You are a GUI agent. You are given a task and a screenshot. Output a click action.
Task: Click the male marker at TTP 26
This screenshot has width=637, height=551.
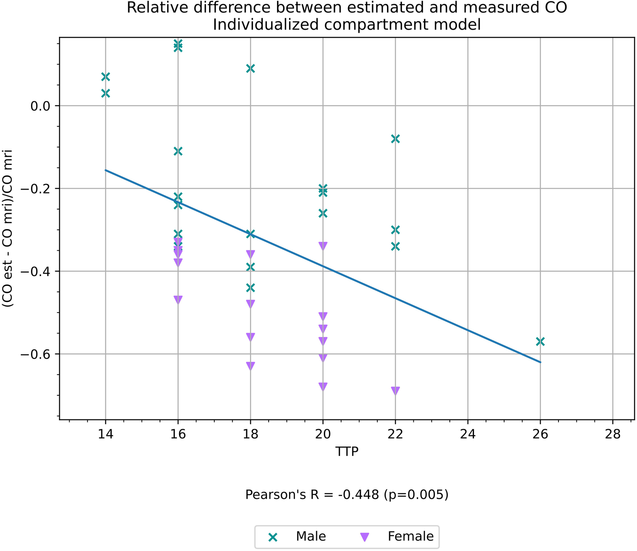(540, 341)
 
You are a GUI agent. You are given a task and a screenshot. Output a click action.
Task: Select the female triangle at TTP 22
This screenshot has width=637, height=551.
(395, 391)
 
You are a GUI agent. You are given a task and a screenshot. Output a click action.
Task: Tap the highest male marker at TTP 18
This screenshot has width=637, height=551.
(250, 68)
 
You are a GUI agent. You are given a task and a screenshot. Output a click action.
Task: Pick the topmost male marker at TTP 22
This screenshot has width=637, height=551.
(395, 139)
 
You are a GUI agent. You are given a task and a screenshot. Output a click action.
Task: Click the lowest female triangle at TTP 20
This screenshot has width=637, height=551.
(323, 386)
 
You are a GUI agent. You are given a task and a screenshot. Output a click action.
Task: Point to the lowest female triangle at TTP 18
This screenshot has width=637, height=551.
(250, 366)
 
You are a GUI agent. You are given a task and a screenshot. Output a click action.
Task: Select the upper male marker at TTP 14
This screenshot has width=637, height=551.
(106, 77)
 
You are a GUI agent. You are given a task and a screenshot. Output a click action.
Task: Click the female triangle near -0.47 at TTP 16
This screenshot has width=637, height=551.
(178, 299)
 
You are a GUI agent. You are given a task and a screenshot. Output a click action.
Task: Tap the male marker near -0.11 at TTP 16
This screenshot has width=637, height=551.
(178, 151)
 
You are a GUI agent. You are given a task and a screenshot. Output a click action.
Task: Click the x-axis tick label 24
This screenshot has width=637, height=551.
(468, 434)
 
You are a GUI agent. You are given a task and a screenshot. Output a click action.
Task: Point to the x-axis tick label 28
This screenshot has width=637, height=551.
(612, 434)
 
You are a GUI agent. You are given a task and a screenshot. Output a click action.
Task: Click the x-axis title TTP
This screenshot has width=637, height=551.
(347, 451)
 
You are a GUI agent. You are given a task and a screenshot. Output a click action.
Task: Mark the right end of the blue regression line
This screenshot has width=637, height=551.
(540, 362)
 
